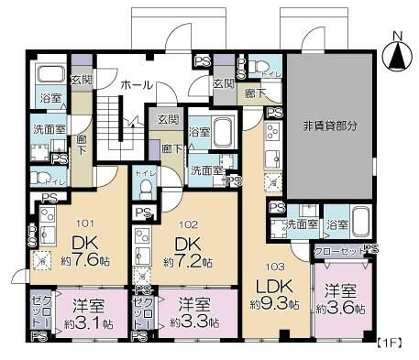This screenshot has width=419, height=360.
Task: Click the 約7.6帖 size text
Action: click(x=88, y=262)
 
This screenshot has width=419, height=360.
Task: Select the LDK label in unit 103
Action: click(x=271, y=283)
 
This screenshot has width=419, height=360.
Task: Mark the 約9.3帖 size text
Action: click(x=271, y=303)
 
